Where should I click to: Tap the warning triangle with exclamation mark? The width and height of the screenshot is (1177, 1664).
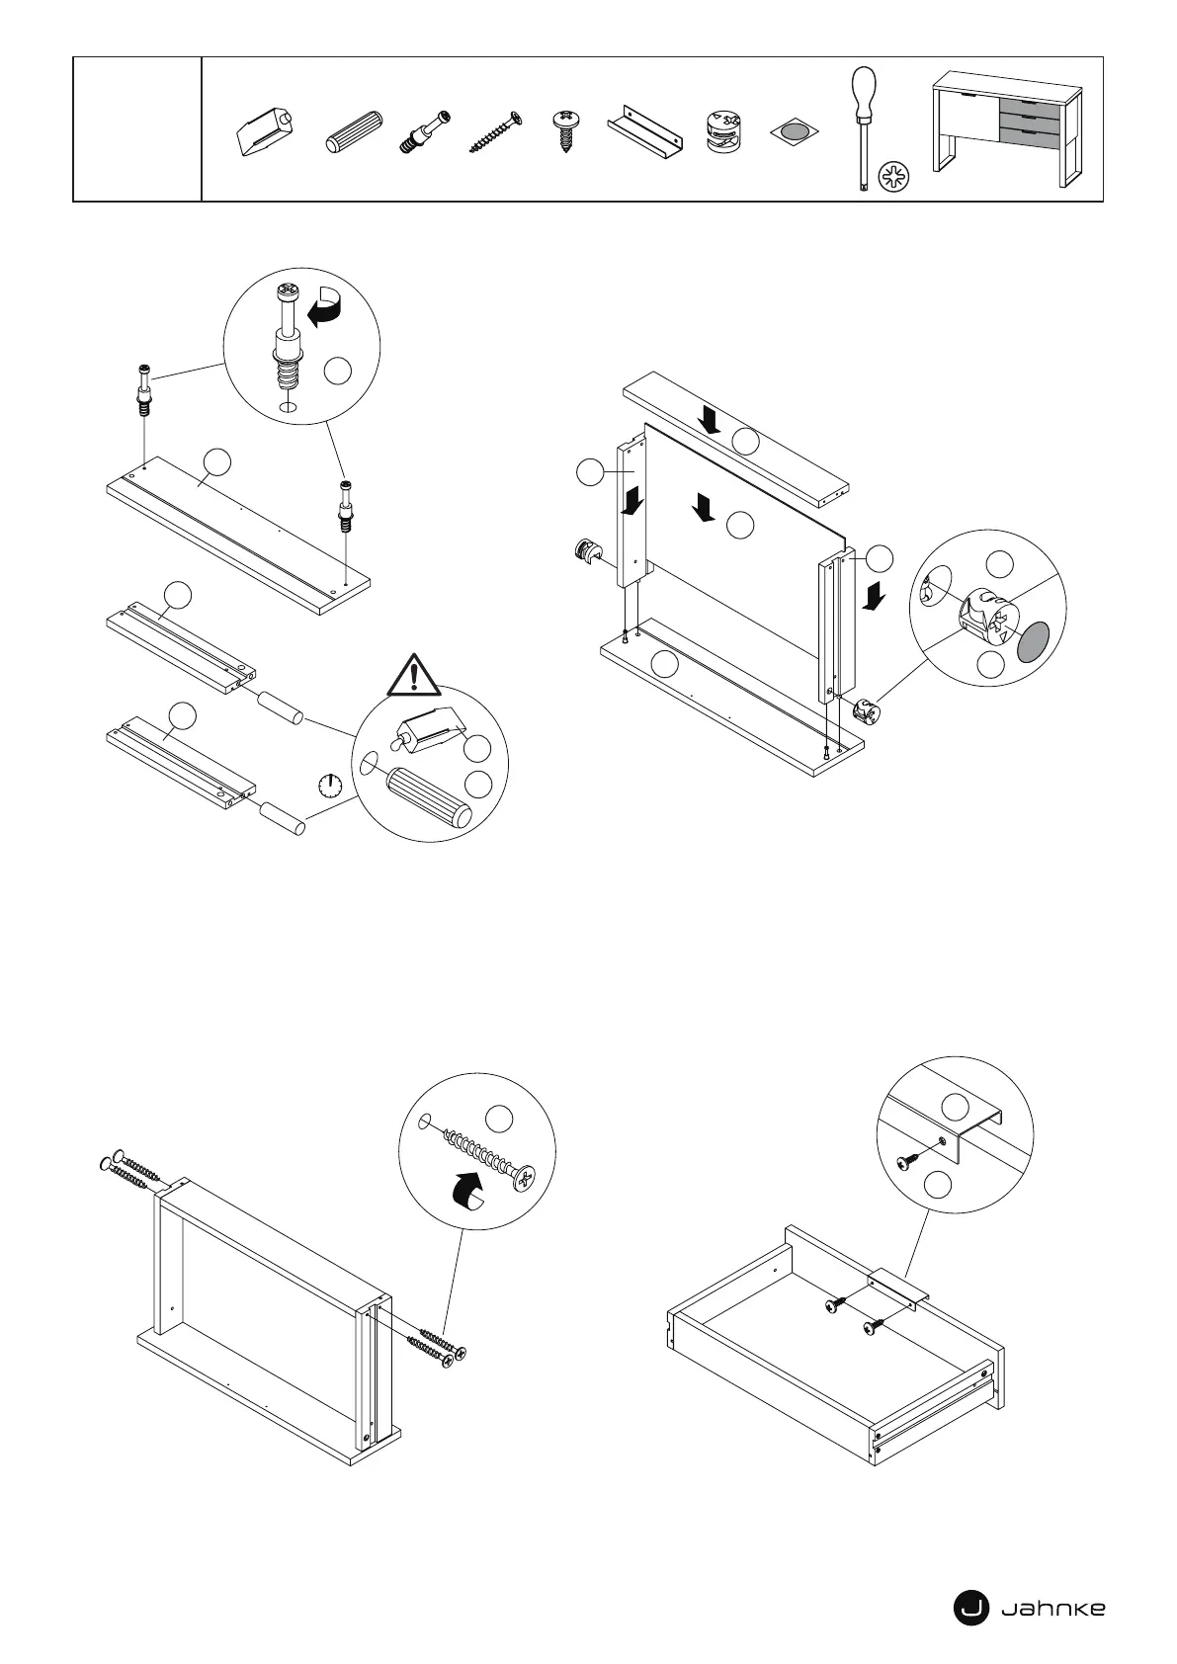coord(415,675)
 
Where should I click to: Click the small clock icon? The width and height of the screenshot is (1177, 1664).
coord(330,786)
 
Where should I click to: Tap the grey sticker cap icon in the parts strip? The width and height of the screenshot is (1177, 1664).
coord(796,131)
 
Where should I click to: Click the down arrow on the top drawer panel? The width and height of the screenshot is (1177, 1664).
coord(711,421)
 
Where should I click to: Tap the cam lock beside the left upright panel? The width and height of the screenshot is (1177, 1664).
coord(589,552)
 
